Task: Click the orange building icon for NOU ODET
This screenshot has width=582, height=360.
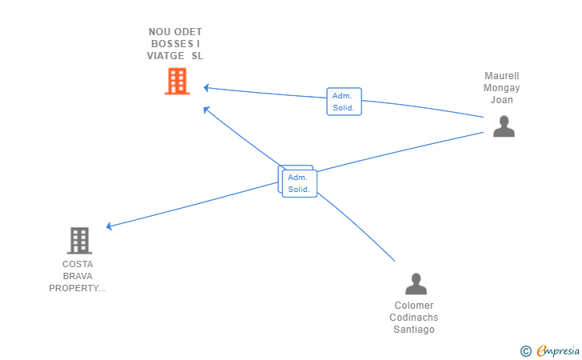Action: coord(177,81)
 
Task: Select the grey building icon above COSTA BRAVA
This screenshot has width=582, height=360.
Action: coord(79,241)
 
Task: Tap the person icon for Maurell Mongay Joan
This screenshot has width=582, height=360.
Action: coord(504,126)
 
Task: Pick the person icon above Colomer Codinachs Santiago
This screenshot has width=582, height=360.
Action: coord(416,284)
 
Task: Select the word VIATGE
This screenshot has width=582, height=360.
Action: coord(165,56)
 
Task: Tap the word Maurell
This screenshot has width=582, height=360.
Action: coord(502,76)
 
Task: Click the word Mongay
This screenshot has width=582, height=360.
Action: coord(501,88)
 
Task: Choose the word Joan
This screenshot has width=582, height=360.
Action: coord(502,100)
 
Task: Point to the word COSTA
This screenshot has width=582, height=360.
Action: coord(78,264)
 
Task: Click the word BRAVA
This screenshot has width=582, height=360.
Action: coord(78,276)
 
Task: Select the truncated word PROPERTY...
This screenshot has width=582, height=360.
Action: coord(78,288)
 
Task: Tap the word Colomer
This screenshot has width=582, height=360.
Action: coord(414,306)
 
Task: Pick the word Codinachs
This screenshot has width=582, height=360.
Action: coord(414,318)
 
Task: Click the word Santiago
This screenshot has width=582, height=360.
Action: coord(414,330)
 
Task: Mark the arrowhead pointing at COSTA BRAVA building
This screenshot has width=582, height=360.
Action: coord(109,226)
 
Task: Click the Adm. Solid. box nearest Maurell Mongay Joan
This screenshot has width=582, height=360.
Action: coord(344,102)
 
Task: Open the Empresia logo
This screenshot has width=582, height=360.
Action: coord(558,350)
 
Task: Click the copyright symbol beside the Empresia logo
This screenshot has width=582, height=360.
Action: coord(525,351)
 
